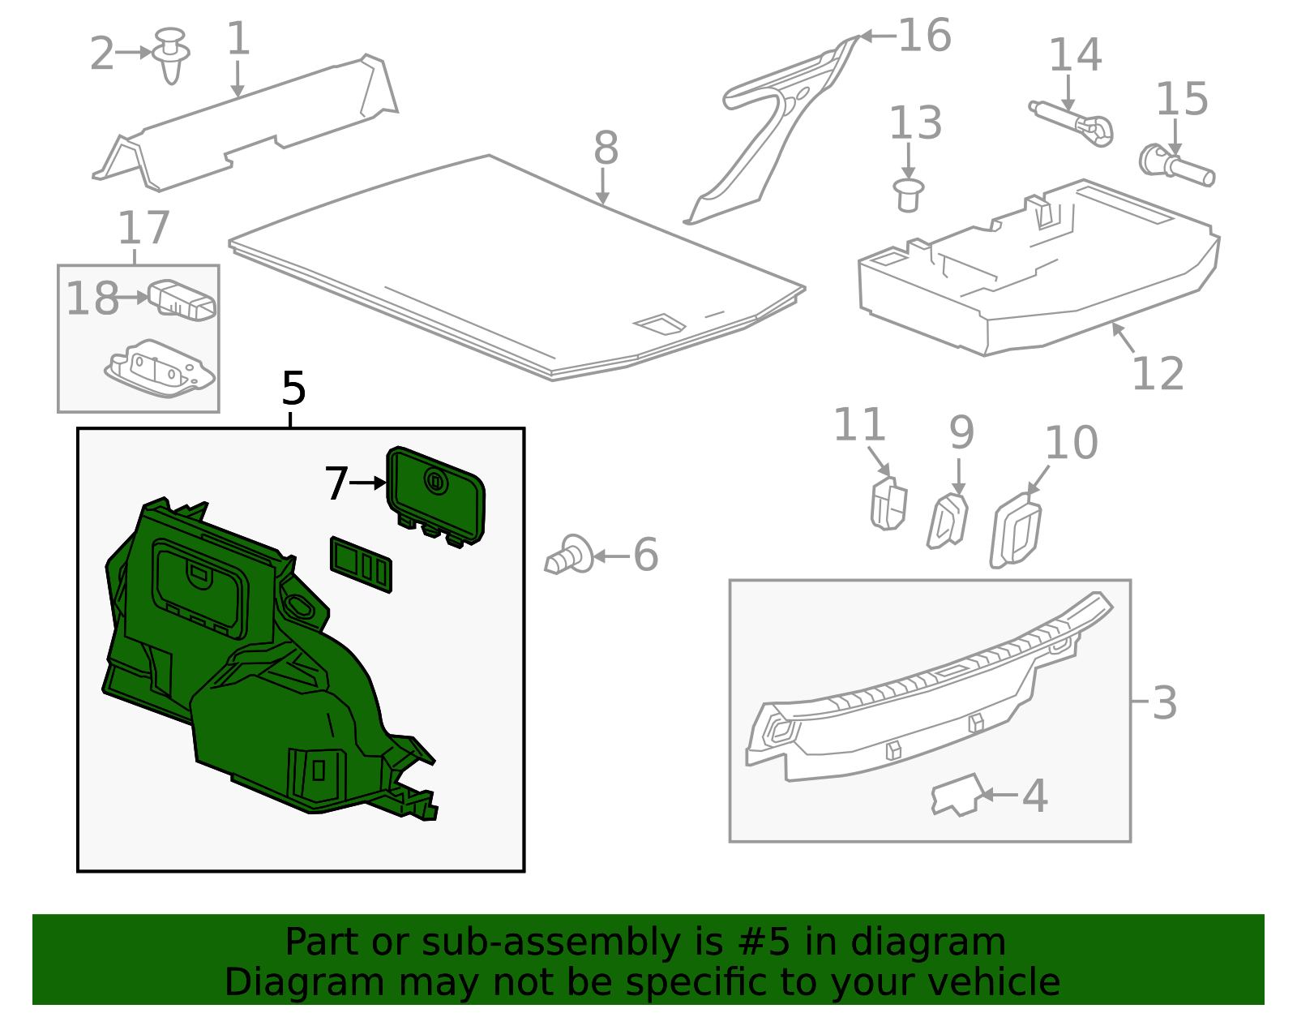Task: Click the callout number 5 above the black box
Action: coord(293,389)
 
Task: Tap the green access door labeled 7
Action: coord(435,495)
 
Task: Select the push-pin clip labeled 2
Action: coord(171,55)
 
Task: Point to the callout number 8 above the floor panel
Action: coord(606,148)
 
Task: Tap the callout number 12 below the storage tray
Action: coord(1158,375)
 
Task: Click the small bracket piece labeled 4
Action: coord(957,794)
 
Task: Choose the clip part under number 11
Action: coord(888,504)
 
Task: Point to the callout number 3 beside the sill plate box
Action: coord(1164,703)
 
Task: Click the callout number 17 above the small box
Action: coord(143,229)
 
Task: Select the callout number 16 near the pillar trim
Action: coord(925,36)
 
